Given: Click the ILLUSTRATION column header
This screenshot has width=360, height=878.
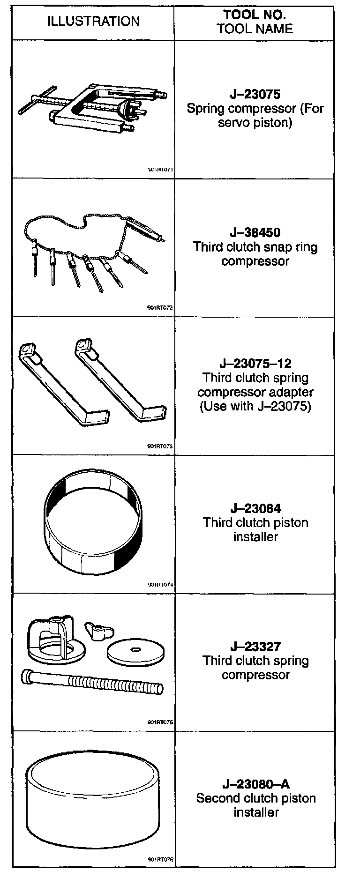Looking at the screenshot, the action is (x=93, y=21).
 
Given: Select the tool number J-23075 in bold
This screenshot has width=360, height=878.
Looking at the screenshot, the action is (x=255, y=94).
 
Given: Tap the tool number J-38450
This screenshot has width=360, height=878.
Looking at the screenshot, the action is (x=255, y=232).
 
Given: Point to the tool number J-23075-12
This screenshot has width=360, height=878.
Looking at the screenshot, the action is (x=255, y=364).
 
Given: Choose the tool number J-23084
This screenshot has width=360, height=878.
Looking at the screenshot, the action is (x=255, y=508).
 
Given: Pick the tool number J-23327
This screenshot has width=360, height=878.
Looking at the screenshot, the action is (x=255, y=647).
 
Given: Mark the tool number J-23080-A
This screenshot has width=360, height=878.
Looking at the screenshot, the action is (x=255, y=784).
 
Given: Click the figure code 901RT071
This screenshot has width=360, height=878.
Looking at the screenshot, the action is (x=160, y=170).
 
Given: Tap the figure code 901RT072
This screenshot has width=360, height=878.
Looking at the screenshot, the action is (x=160, y=308).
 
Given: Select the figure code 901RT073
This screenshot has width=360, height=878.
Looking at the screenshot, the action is (x=160, y=446).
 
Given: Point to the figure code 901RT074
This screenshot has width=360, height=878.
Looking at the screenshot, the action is (x=160, y=585).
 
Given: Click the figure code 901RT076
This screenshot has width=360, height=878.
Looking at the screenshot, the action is (x=160, y=860).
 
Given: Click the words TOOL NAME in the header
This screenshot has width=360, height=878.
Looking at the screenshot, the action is (x=255, y=29).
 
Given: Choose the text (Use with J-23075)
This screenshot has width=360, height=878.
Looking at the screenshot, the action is (x=255, y=406).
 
